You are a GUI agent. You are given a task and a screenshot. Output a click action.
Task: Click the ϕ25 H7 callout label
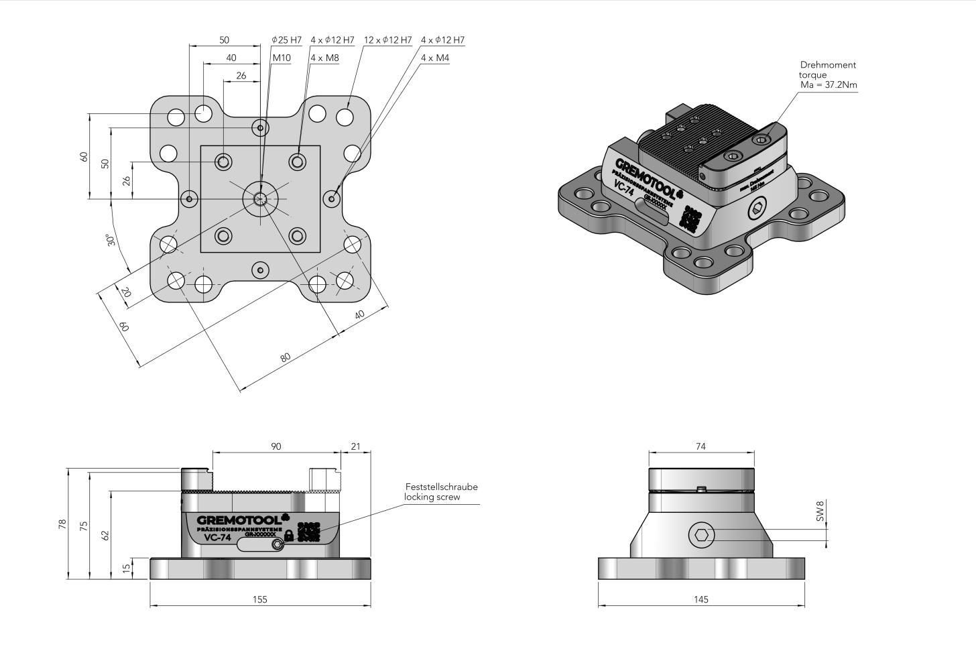[x=287, y=40]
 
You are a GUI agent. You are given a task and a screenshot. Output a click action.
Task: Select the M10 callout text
[x=282, y=58]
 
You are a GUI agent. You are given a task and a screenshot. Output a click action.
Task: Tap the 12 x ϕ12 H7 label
[x=387, y=40]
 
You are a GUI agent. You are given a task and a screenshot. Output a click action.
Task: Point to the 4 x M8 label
[x=324, y=58]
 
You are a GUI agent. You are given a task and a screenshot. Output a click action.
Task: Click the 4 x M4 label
[x=435, y=58]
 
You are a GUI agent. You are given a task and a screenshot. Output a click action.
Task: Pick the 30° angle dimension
[x=113, y=239]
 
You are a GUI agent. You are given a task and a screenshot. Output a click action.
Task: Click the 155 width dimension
[x=260, y=599]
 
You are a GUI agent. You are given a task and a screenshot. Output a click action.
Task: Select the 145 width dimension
[x=700, y=599]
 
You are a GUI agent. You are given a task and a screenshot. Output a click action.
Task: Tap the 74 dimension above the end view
[x=700, y=446]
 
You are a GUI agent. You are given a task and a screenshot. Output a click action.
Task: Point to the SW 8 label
[x=819, y=510]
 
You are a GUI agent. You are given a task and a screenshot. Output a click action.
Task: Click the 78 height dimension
[x=62, y=524]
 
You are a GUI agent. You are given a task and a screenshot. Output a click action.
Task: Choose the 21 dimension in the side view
[x=355, y=446]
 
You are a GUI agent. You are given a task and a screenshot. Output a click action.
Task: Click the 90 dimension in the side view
[x=276, y=446]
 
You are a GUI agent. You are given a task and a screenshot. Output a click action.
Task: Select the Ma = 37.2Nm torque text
[x=829, y=85]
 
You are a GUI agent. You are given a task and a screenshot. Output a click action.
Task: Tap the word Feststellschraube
[x=441, y=487]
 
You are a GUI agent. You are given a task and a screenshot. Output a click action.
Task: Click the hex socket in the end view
[x=701, y=535]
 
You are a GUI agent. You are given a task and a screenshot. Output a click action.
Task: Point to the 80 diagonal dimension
[x=286, y=358]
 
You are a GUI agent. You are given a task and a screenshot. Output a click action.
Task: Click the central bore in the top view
[x=260, y=198]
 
